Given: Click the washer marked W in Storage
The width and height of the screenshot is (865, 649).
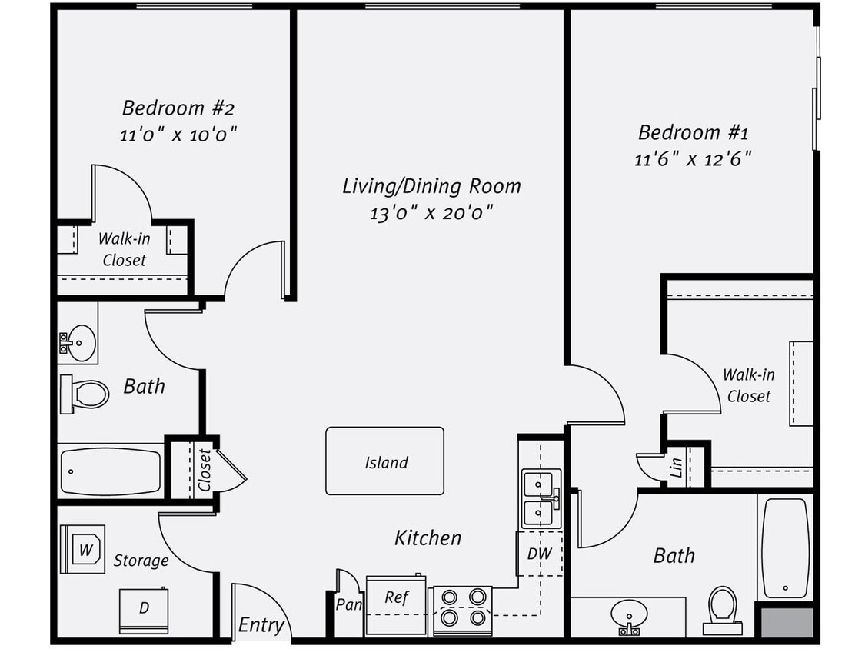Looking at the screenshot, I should (x=82, y=549).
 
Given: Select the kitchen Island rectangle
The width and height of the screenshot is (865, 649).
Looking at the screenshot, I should (x=384, y=461).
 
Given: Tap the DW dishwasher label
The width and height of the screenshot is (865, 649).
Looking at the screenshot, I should (x=540, y=554).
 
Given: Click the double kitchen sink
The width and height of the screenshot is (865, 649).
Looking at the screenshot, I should (x=541, y=498).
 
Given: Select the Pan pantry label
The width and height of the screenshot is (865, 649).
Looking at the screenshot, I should (x=348, y=604).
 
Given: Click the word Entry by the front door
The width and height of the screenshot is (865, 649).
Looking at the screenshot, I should (x=261, y=625).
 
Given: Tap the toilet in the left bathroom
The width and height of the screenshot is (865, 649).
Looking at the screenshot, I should (x=86, y=394).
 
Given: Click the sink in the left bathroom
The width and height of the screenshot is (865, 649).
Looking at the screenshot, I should (x=78, y=339).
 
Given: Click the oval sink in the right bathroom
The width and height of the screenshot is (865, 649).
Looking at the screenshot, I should (x=629, y=614).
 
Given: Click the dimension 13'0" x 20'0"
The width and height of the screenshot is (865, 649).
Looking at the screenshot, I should (x=431, y=213).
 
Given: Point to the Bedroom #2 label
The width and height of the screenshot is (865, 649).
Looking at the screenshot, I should (x=174, y=107).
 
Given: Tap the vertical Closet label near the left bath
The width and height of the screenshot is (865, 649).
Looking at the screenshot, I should (x=204, y=470).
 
